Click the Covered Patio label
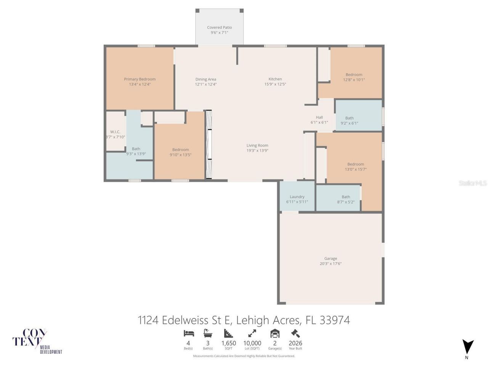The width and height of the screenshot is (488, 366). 219,27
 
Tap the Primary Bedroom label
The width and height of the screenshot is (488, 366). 140,79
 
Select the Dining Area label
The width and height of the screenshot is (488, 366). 205,79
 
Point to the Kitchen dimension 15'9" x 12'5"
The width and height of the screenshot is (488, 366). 275,84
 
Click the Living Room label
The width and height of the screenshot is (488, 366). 257,145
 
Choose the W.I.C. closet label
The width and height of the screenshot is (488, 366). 115,132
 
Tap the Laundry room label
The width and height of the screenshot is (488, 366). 297,197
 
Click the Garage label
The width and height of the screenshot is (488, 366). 331,258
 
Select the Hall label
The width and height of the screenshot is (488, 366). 319,117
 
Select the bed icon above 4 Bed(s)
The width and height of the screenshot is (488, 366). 189,333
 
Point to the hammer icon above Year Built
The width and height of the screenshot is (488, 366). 295,333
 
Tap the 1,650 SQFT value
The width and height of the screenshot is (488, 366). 229,343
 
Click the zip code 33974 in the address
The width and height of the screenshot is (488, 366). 335,320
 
